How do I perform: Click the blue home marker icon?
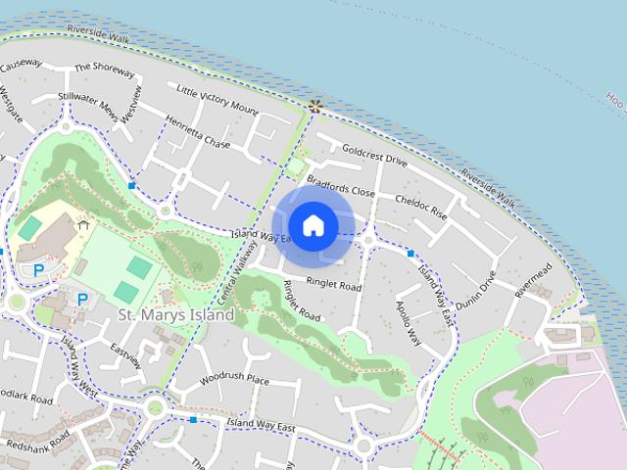[313, 225]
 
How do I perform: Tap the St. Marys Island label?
[175, 315]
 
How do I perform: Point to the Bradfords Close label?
[340, 186]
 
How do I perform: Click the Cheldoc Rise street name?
[420, 206]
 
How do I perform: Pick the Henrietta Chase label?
[197, 136]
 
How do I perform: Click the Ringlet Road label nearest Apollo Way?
[334, 286]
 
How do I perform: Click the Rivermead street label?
[533, 278]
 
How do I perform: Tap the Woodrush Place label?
[233, 378]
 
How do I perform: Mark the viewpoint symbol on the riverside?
[314, 106]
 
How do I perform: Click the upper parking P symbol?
[39, 269]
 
